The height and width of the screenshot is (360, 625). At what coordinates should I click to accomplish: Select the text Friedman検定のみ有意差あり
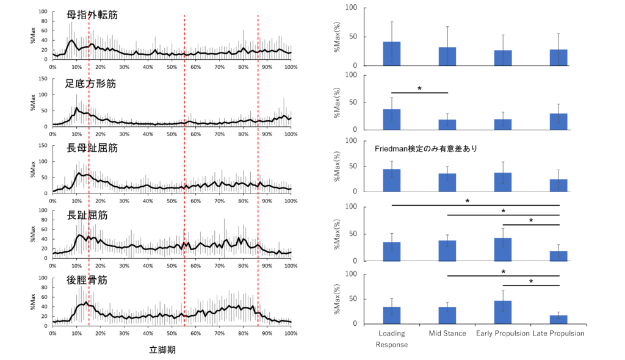click(425, 148)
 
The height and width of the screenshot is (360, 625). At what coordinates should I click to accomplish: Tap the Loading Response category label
click(391, 339)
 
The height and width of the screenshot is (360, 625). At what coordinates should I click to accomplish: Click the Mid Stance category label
click(447, 334)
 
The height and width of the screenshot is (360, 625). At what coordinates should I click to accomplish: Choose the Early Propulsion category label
click(503, 334)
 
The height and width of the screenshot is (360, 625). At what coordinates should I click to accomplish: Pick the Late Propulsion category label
click(558, 334)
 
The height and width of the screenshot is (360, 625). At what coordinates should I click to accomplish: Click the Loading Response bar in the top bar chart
click(392, 54)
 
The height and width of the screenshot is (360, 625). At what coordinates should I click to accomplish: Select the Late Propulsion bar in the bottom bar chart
click(558, 319)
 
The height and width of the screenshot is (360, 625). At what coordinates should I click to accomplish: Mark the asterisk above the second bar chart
click(419, 89)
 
